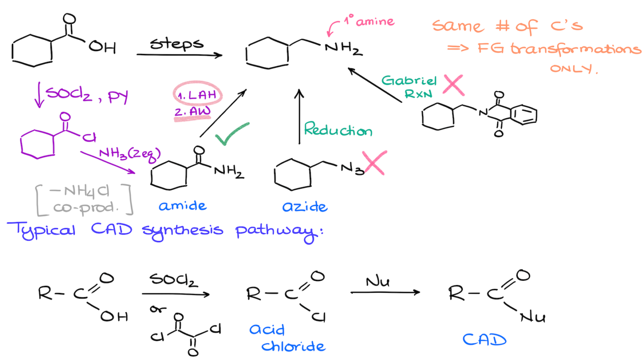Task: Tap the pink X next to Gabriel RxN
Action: (453, 85)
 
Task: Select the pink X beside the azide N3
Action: (374, 163)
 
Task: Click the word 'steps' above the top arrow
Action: (177, 44)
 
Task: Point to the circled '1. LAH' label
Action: (197, 95)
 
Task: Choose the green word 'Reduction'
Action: (338, 129)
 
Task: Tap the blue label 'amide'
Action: (182, 206)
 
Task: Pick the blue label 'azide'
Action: (305, 207)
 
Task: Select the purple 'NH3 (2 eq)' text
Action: (130, 154)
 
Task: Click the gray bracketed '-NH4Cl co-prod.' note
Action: (84, 199)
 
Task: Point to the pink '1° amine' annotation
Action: (369, 21)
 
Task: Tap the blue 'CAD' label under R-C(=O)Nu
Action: (484, 339)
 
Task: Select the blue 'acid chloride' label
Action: (287, 338)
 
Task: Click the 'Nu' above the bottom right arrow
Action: (377, 282)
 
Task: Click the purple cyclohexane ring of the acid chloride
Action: (38, 144)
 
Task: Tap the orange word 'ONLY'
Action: (571, 68)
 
